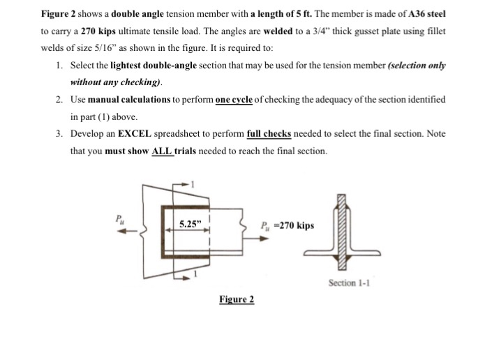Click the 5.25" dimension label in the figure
pos(189,225)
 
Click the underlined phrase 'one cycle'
pos(237,100)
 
